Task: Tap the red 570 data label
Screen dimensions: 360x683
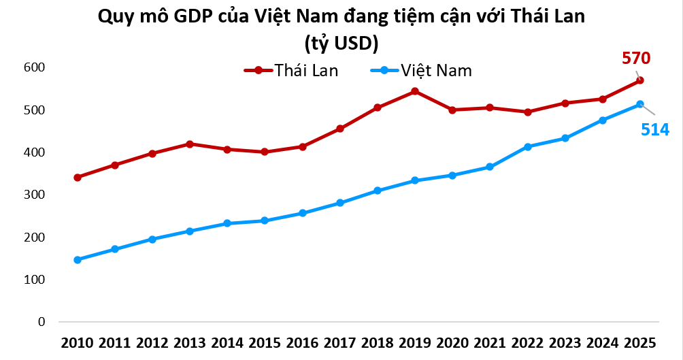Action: (x=636, y=58)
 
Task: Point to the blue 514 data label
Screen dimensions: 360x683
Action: (x=655, y=129)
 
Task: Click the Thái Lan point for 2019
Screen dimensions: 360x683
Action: (x=415, y=91)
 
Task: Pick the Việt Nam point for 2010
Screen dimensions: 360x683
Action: (x=78, y=260)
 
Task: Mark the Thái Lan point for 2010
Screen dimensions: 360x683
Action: (x=78, y=178)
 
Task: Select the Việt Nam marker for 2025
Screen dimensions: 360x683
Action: (x=640, y=104)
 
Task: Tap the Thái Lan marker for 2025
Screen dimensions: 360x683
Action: (x=640, y=80)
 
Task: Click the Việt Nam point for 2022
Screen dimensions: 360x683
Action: (x=527, y=146)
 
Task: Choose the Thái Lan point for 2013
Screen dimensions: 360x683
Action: (x=190, y=144)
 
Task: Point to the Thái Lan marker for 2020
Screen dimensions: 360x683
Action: (x=452, y=110)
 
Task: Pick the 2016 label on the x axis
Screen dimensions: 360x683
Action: (x=303, y=342)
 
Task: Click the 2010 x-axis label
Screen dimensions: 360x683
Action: (x=78, y=342)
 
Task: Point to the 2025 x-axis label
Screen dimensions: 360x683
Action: (x=640, y=342)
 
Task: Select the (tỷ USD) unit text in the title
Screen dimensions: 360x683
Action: (x=341, y=43)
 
